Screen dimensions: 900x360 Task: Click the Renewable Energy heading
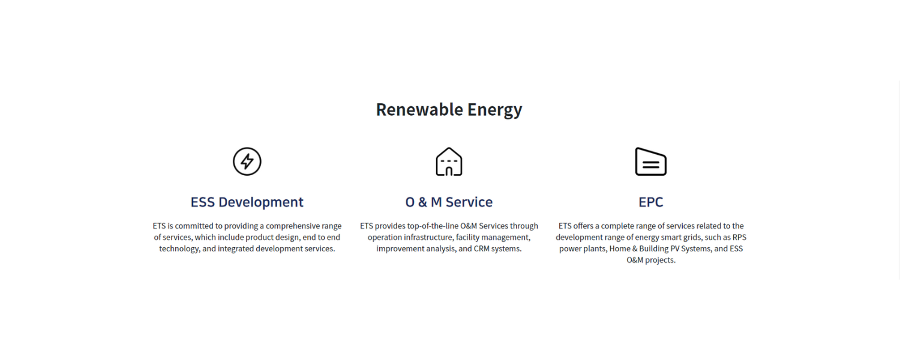click(449, 110)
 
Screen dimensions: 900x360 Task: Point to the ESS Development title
click(247, 202)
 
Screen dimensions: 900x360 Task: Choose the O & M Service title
click(449, 202)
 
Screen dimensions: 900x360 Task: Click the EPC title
click(651, 202)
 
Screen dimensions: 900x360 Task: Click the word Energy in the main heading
click(494, 110)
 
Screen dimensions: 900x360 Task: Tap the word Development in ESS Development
click(261, 202)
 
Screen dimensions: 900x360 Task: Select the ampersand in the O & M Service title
click(422, 202)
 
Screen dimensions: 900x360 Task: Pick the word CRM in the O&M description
click(481, 249)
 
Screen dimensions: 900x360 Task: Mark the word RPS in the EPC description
click(739, 238)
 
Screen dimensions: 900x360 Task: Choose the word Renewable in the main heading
click(419, 110)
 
